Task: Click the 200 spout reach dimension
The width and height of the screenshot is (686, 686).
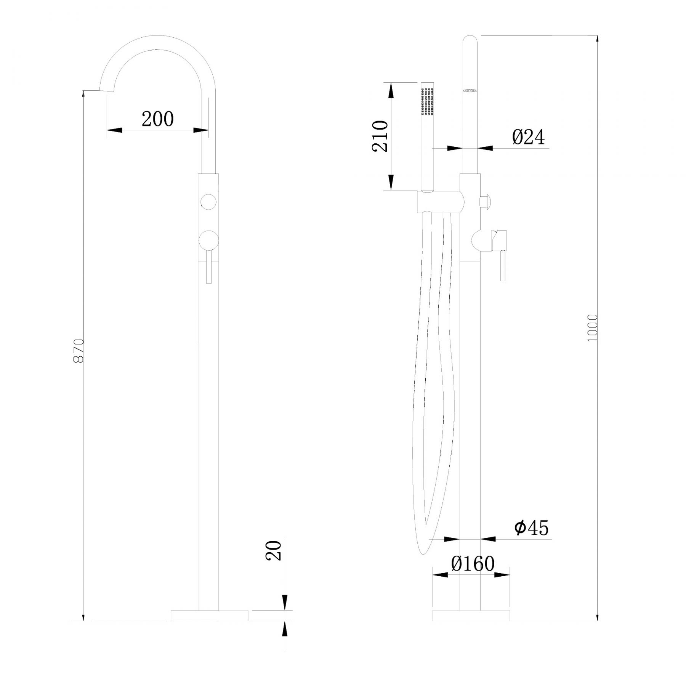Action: tap(157, 119)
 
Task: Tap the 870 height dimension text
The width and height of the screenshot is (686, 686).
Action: tap(79, 350)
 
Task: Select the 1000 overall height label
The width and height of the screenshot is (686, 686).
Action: tap(593, 328)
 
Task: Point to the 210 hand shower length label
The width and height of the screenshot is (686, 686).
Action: tap(380, 136)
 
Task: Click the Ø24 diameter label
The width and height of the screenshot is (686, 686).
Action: tap(529, 137)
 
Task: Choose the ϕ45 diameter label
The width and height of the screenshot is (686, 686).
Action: tap(531, 528)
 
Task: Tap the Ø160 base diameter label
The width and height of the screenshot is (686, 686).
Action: tap(473, 563)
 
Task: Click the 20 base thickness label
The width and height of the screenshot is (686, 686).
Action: tap(274, 550)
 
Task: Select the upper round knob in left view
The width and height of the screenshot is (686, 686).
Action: tap(208, 202)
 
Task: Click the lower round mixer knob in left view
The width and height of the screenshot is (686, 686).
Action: tap(208, 240)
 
